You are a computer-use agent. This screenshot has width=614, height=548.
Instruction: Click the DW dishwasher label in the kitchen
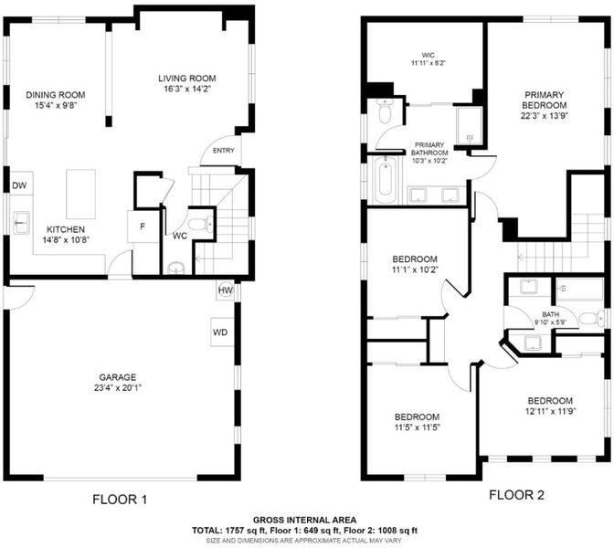(19, 185)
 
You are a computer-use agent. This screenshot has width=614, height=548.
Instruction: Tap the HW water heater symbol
(225, 290)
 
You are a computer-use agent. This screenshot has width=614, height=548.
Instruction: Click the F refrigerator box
(143, 227)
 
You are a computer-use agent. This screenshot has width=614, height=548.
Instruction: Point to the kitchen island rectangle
(80, 195)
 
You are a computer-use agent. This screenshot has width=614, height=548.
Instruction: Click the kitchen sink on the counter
(21, 223)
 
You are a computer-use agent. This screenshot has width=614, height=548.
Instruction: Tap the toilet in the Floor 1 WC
(201, 225)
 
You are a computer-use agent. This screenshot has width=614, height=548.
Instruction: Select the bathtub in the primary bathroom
(385, 180)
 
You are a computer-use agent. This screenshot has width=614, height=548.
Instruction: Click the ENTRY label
(224, 151)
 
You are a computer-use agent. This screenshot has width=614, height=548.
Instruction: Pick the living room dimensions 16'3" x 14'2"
(187, 89)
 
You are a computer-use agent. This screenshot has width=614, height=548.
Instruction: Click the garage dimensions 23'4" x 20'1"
(118, 388)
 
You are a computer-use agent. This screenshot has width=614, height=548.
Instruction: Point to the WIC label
(429, 55)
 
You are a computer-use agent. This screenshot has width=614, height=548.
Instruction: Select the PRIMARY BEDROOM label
(545, 100)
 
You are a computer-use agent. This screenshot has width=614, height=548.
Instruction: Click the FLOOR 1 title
(120, 500)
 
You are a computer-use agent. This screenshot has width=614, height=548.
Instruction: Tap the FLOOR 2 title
(516, 495)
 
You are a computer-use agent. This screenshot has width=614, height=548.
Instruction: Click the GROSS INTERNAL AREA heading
(304, 521)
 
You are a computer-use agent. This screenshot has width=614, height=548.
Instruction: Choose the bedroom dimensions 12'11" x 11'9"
(550, 411)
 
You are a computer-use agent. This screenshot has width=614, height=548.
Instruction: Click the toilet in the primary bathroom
(385, 111)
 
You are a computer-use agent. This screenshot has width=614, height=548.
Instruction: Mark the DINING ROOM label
(56, 95)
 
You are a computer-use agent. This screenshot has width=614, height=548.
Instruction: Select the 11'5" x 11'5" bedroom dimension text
(418, 427)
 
